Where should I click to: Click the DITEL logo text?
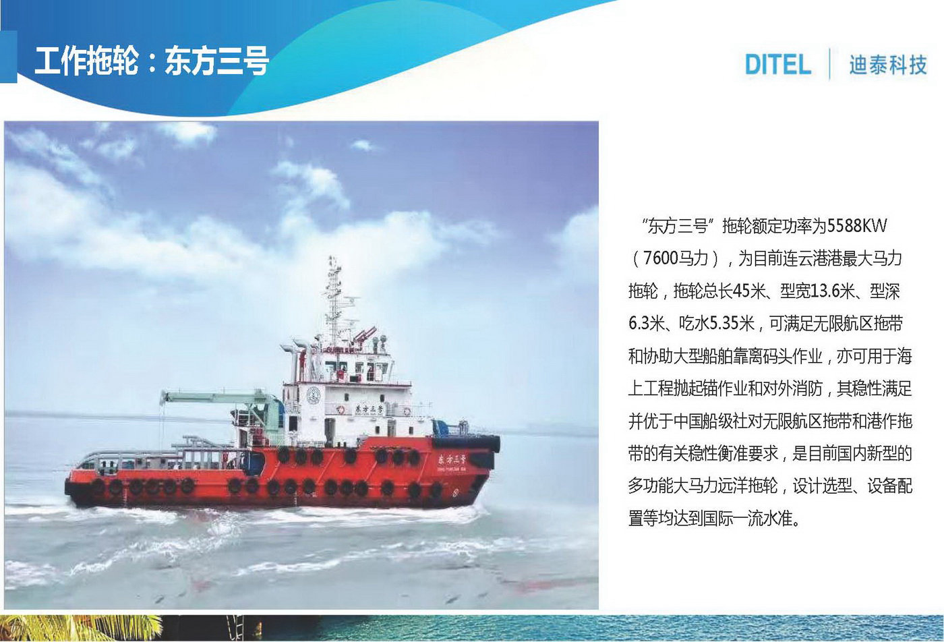coord(778,65)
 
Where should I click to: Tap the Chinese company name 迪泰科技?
coord(888,65)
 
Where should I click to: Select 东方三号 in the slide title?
coord(216,61)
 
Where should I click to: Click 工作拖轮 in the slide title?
coord(87,61)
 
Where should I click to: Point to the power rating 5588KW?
coord(857,226)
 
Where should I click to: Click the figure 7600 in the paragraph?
coord(661,258)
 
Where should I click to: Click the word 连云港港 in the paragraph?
coord(814,258)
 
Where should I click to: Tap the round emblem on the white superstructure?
coord(313,395)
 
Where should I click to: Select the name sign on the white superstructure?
coord(370,409)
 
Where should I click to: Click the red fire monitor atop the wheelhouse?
coord(365,335)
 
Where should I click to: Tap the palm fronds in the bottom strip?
coord(80,628)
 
